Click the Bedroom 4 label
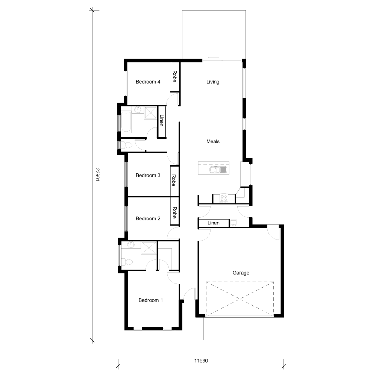148,82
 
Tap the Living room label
213,82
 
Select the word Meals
213,142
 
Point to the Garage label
241,273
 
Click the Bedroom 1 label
151,300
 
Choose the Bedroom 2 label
148,218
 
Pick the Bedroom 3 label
148,175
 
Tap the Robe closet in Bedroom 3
174,180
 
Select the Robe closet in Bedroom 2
174,213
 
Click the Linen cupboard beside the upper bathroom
162,121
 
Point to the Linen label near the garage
214,223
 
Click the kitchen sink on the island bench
218,170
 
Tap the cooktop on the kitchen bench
224,198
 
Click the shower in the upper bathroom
150,112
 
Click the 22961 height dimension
97,175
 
